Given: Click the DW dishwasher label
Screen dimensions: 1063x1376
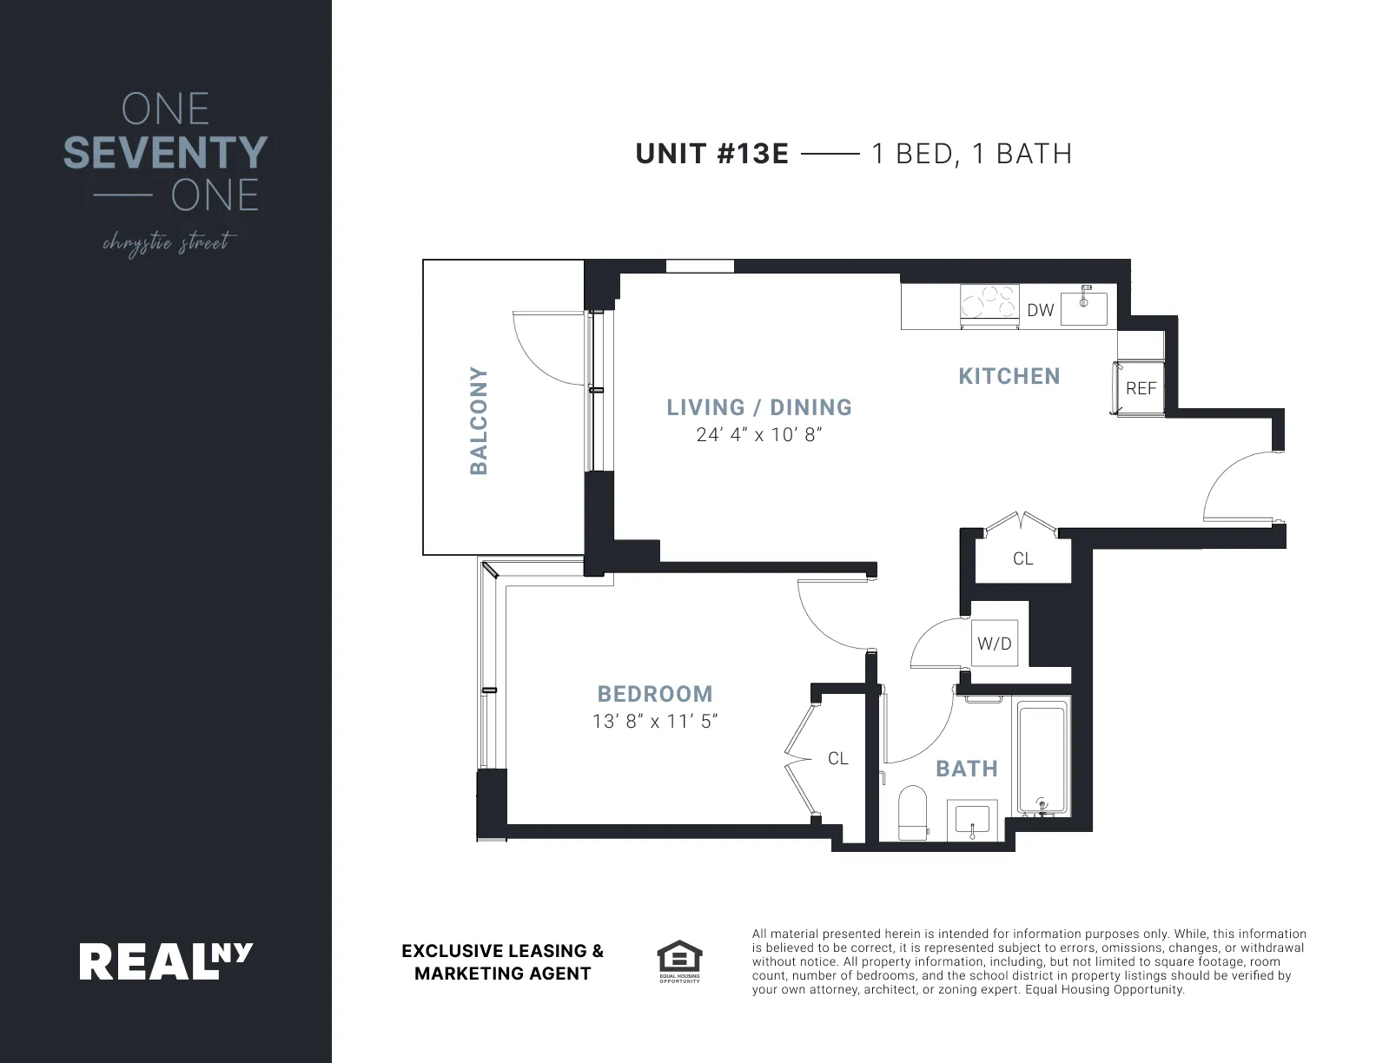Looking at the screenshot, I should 1040,310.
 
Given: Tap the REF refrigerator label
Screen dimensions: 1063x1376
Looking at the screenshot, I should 1141,388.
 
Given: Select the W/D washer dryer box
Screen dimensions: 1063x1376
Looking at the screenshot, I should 995,644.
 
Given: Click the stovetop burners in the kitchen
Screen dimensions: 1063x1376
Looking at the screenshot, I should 989,305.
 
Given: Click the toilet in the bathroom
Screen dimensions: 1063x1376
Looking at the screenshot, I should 912,812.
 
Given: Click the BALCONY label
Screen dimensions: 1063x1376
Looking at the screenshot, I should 479,421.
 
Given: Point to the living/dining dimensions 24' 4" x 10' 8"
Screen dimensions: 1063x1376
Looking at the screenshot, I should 758,435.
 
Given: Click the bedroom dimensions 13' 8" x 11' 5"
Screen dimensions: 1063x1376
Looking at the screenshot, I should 655,722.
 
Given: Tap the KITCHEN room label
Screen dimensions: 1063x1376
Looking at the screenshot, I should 1009,376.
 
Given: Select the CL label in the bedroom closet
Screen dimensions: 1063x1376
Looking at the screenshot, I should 837,758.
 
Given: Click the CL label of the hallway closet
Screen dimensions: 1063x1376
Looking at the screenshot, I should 1022,558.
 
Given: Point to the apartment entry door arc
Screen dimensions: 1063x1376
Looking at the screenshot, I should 1234,486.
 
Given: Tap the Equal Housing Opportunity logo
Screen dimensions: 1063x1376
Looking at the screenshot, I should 679,961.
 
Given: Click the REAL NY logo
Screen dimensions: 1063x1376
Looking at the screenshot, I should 166,961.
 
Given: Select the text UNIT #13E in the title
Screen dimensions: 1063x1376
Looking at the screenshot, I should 711,154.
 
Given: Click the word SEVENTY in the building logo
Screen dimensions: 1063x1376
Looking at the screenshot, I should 165,153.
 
